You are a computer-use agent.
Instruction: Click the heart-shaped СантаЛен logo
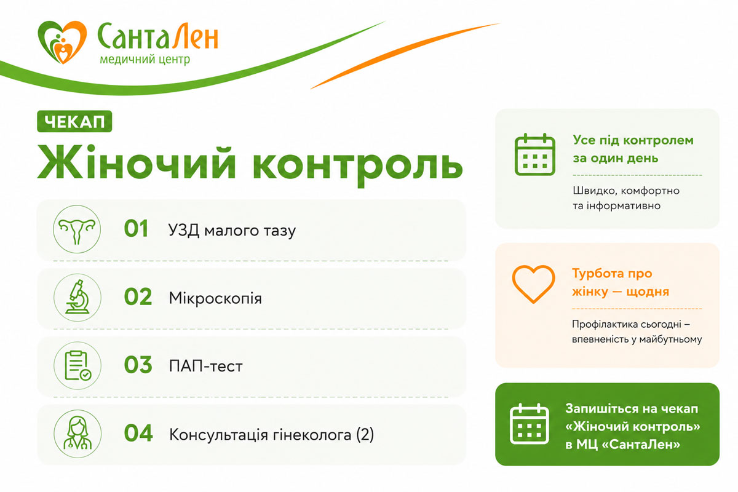pyautogui.click(x=62, y=42)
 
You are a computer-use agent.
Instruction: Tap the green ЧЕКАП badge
pyautogui.click(x=74, y=122)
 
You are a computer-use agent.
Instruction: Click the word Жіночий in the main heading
pyautogui.click(x=137, y=162)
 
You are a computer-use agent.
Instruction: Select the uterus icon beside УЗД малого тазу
pyautogui.click(x=77, y=229)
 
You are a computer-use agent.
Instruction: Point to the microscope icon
pyautogui.click(x=77, y=297)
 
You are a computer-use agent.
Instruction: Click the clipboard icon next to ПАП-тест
pyautogui.click(x=77, y=365)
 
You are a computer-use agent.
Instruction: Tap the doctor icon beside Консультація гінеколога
pyautogui.click(x=77, y=434)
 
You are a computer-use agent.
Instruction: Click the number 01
pyautogui.click(x=136, y=228)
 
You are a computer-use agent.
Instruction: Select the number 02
pyautogui.click(x=138, y=296)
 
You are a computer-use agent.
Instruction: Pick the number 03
pyautogui.click(x=138, y=365)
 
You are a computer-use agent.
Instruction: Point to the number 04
pyautogui.click(x=138, y=433)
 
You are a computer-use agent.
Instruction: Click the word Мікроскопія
pyautogui.click(x=215, y=298)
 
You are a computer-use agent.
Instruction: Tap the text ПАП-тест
pyautogui.click(x=205, y=366)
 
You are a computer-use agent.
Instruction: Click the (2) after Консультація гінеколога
pyautogui.click(x=365, y=435)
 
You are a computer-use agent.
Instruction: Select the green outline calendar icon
pyautogui.click(x=534, y=154)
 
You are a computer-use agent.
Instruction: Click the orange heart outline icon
pyautogui.click(x=533, y=284)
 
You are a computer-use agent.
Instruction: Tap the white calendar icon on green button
pyautogui.click(x=529, y=424)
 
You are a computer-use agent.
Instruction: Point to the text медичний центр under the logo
pyautogui.click(x=145, y=60)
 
